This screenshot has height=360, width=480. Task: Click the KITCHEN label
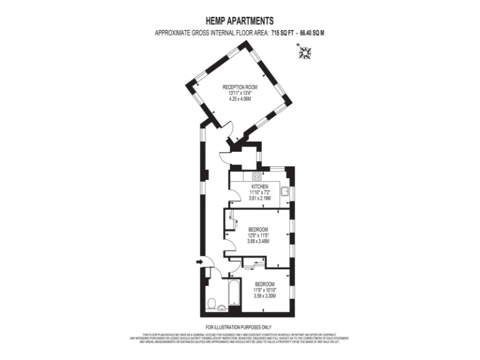click(260, 187)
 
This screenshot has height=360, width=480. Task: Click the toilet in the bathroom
click(212, 304)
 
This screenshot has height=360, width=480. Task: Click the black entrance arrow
click(199, 262)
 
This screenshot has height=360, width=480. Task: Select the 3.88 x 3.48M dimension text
click(258, 241)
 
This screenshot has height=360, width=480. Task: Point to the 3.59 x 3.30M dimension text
click(264, 296)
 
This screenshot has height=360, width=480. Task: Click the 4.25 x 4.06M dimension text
click(239, 99)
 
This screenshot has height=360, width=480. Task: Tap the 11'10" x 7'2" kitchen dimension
click(260, 192)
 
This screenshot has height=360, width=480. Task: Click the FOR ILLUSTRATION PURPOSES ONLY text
click(239, 327)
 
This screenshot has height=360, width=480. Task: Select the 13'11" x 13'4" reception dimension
click(239, 93)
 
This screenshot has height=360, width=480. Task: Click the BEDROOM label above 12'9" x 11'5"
click(258, 229)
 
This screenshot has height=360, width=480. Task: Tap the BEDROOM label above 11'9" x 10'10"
click(264, 284)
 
